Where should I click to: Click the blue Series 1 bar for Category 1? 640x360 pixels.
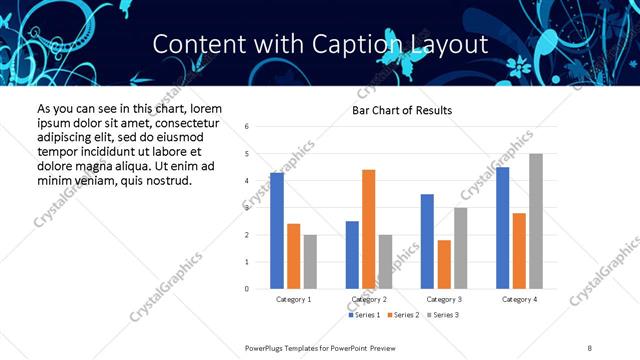click(x=277, y=230)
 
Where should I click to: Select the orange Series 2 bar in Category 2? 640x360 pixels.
click(x=368, y=229)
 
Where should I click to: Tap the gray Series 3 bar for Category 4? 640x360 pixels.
click(x=536, y=221)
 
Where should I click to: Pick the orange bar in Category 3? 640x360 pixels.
click(x=444, y=264)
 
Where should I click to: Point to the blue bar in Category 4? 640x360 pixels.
click(x=503, y=228)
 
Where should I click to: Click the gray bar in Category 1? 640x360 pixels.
click(x=310, y=262)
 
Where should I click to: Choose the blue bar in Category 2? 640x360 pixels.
click(x=352, y=255)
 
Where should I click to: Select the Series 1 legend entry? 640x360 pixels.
click(x=364, y=315)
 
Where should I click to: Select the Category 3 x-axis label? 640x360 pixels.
click(x=443, y=299)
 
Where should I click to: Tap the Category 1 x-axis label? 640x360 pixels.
click(x=293, y=299)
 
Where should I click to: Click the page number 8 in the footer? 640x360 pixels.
click(x=589, y=347)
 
